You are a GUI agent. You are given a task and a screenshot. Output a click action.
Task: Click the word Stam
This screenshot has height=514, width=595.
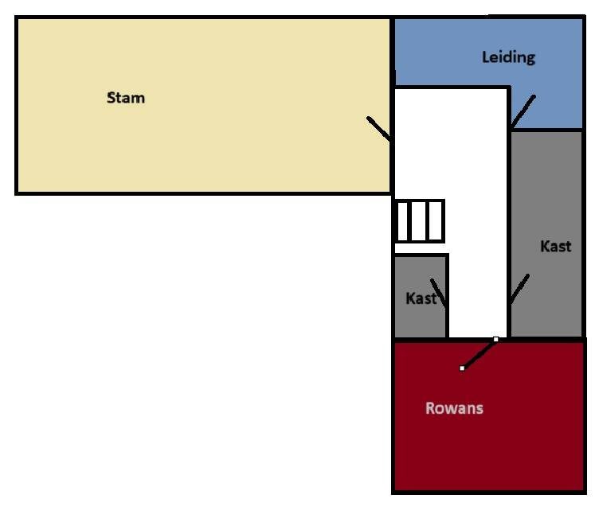126,98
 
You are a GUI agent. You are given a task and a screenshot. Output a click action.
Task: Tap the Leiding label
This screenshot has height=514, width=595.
508,57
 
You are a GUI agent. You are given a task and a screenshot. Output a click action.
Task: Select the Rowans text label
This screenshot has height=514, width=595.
454,408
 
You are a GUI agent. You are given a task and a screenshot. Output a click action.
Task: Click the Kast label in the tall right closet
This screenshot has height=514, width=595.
555,247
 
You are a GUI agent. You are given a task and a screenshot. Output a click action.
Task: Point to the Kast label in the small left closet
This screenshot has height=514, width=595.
421,298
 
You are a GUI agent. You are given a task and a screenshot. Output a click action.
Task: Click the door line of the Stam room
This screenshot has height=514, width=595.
378,129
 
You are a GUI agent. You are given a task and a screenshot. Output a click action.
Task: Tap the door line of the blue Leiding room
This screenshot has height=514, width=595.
523,111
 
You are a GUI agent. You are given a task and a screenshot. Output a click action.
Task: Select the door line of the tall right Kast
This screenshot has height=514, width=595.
519,289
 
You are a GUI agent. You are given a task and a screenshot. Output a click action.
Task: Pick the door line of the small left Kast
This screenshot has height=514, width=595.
439,293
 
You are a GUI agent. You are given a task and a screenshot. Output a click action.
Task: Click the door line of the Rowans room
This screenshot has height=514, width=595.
479,353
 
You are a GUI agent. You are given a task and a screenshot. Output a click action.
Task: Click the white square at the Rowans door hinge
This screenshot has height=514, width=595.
496,339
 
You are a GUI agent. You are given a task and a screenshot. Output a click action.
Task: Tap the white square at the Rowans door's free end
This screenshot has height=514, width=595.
462,368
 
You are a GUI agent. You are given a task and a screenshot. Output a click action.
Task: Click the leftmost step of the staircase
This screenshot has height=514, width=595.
402,221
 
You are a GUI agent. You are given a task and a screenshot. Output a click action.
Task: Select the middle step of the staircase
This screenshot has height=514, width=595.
418,221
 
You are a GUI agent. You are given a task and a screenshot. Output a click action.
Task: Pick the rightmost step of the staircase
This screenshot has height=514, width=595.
436,221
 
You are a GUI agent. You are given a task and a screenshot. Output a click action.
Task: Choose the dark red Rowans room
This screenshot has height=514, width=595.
489,416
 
